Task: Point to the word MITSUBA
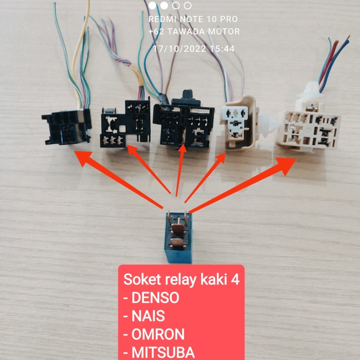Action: coord(164,352)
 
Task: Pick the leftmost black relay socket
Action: coord(67,125)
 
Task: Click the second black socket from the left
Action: coord(123,123)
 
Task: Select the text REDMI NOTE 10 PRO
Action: coord(193,19)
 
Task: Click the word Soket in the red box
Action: coord(138,280)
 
